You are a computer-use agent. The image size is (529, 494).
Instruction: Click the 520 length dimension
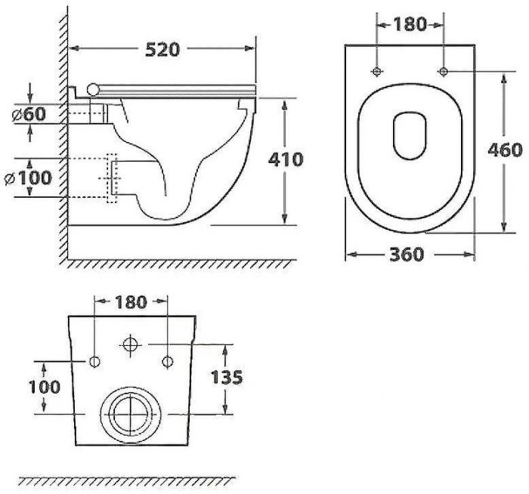click(162, 50)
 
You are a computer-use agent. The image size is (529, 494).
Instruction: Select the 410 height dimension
click(286, 160)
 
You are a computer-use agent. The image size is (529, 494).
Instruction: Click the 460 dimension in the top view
click(504, 150)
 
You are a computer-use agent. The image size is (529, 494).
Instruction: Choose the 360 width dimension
click(408, 254)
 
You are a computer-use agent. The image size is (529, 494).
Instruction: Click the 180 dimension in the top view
click(410, 24)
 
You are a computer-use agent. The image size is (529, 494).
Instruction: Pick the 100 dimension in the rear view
click(46, 386)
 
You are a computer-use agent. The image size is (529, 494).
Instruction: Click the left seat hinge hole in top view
click(377, 72)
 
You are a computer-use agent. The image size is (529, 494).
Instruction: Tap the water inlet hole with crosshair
click(130, 344)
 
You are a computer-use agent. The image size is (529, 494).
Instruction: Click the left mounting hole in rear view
click(94, 362)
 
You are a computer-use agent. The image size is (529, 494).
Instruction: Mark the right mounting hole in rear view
click(167, 362)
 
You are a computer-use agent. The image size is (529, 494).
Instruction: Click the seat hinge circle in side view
click(93, 89)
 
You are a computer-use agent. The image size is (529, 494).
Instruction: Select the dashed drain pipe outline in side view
click(112, 180)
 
